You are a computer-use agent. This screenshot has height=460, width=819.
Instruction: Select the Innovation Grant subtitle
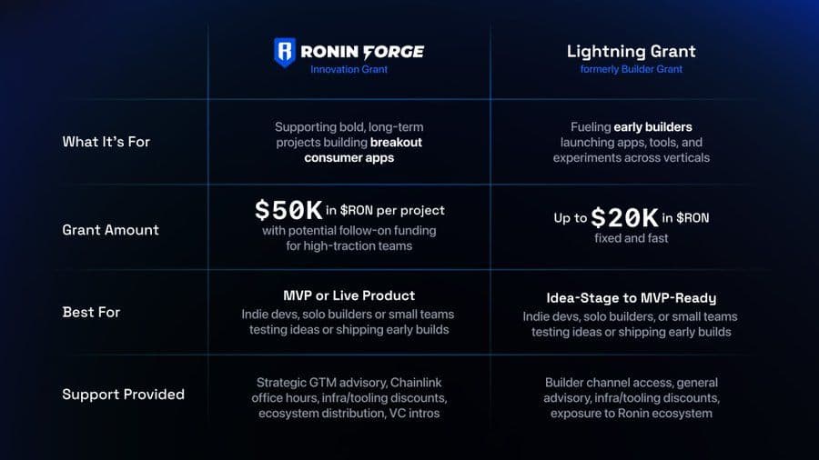point(349,69)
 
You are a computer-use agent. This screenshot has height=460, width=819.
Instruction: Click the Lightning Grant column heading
point(631,51)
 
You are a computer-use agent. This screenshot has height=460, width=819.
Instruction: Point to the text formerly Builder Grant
point(631,69)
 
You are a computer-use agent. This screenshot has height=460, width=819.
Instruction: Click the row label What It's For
point(106,142)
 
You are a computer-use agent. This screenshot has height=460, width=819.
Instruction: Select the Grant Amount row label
point(110,230)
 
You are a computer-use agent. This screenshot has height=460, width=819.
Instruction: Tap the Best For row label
point(91,312)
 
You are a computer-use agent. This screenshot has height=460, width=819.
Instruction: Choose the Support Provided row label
point(123,394)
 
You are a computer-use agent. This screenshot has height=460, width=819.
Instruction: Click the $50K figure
point(288,210)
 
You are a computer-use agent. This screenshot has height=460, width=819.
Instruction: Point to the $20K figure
point(624,218)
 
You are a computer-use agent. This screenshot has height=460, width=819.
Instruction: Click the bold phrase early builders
point(652,127)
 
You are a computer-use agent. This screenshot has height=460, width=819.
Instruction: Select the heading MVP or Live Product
point(349,295)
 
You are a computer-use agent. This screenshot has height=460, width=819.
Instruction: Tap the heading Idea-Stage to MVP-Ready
point(631,297)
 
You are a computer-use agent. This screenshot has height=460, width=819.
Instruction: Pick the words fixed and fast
point(631,239)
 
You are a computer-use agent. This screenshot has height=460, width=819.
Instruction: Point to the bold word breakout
point(396,143)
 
